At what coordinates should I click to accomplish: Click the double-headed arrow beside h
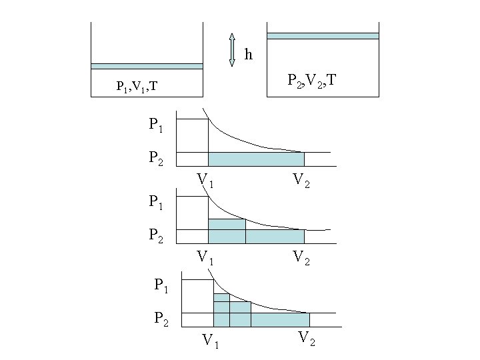click(x=232, y=50)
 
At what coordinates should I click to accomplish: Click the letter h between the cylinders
click(x=249, y=54)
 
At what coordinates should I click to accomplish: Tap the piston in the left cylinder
click(x=147, y=66)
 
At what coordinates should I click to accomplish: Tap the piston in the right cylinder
click(x=323, y=36)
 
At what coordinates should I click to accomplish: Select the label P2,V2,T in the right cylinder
click(x=312, y=81)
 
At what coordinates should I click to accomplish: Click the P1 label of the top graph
click(x=157, y=124)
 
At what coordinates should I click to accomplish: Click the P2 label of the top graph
click(x=157, y=158)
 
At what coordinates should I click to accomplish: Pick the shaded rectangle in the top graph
click(x=256, y=159)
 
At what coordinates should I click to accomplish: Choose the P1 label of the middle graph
click(x=157, y=201)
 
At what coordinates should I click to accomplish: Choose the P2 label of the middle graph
click(x=157, y=235)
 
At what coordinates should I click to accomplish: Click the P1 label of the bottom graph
click(x=162, y=285)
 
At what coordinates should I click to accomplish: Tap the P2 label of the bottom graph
click(x=162, y=319)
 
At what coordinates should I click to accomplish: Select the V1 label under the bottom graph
click(x=211, y=341)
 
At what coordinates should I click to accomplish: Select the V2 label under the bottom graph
click(x=307, y=338)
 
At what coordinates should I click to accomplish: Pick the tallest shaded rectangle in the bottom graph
click(x=221, y=310)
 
